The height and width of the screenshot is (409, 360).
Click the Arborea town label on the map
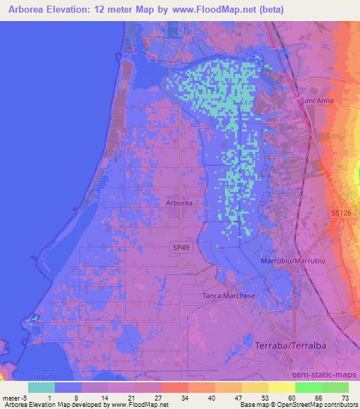(179, 202)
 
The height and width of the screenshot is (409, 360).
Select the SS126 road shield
(340, 212)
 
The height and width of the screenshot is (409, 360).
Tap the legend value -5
(24, 398)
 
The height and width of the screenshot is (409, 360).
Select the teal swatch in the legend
(41, 387)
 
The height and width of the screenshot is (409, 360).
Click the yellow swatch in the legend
(282, 387)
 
